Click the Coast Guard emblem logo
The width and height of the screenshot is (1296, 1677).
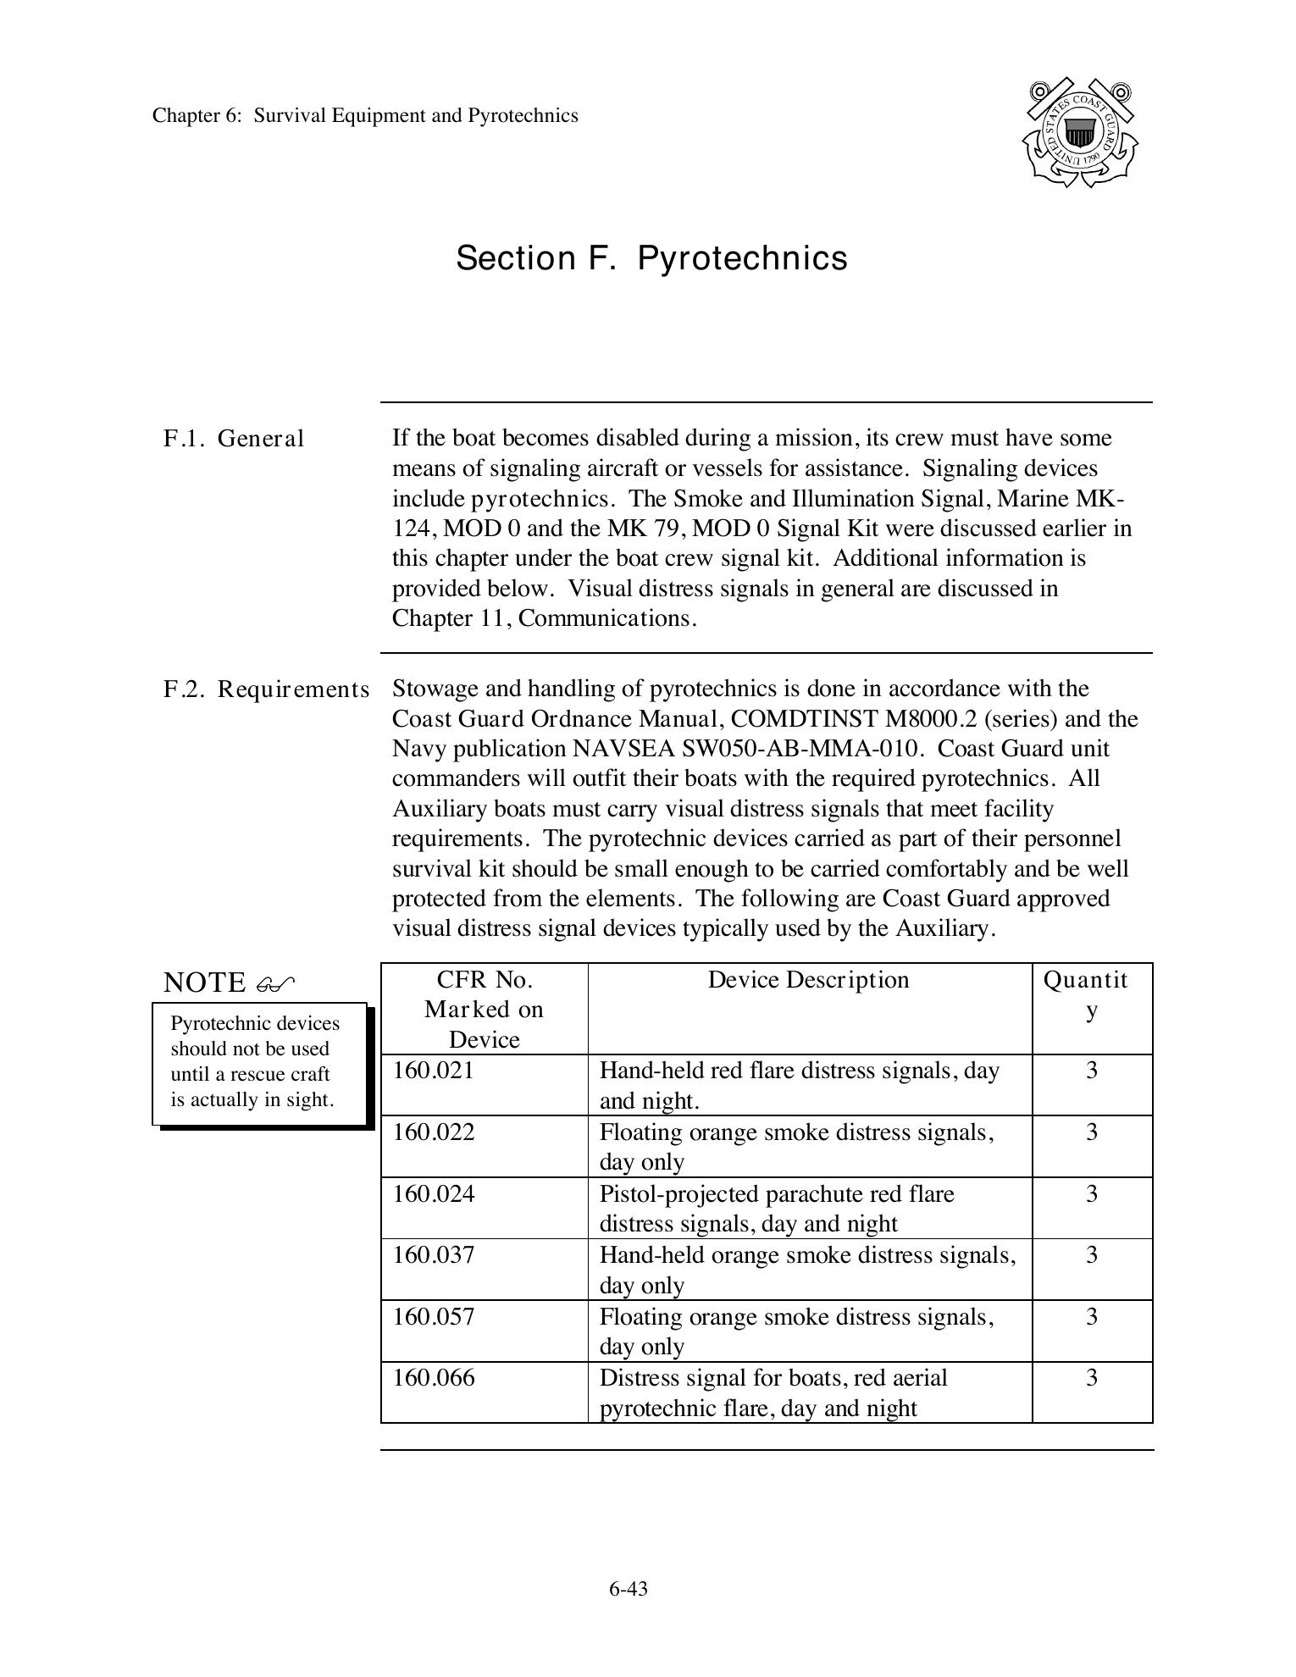[1080, 133]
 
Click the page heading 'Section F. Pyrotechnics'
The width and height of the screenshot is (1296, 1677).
[651, 258]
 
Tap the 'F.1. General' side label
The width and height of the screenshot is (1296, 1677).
[234, 439]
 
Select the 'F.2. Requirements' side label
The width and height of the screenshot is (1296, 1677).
[266, 689]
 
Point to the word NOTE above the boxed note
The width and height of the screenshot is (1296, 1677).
[204, 982]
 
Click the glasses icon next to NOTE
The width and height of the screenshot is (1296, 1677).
[275, 984]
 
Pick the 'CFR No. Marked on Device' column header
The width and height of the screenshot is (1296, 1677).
[484, 1009]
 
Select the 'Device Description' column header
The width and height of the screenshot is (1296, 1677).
[808, 980]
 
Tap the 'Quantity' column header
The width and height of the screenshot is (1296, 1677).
[1091, 994]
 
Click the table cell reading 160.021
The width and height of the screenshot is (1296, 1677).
[434, 1071]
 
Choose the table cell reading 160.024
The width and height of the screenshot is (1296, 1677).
[434, 1194]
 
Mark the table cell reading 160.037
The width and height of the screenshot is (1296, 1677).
[434, 1255]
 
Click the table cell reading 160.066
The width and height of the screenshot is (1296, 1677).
[434, 1378]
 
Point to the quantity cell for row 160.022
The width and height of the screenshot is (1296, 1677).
[1092, 1132]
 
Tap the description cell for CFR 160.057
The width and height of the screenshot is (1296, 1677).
[796, 1331]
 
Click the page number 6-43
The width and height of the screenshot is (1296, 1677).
[628, 1589]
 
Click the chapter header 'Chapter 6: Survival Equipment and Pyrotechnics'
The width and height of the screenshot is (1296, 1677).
[365, 116]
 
